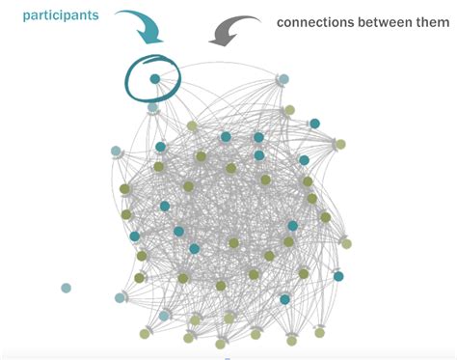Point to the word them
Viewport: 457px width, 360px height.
429,22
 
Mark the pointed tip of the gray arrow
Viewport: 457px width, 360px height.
214,42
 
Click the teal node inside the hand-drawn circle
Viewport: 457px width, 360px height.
154,78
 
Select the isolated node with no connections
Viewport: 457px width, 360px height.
66,288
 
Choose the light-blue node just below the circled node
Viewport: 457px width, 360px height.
152,108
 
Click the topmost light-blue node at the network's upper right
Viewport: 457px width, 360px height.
283,78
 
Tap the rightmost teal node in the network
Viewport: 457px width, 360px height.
338,276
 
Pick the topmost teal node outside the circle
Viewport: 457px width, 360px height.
314,124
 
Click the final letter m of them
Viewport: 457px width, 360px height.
443,22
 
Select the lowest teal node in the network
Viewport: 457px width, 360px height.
284,299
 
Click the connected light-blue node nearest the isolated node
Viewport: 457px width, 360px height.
121,298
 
